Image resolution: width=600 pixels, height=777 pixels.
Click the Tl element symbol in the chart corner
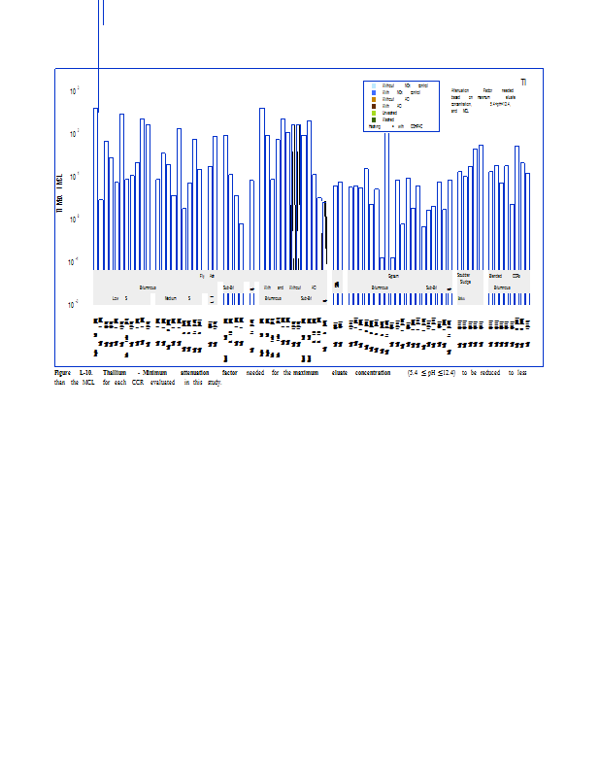tap(523, 83)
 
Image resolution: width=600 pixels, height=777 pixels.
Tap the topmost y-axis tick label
tap(75, 91)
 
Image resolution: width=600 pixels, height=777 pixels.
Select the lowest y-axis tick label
tap(75, 305)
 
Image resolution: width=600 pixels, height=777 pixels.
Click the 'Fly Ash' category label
tap(206, 276)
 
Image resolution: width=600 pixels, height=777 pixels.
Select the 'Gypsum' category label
tap(393, 276)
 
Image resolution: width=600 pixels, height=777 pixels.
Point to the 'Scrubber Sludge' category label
tap(464, 279)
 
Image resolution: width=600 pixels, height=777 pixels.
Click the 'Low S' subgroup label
tap(119, 298)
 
